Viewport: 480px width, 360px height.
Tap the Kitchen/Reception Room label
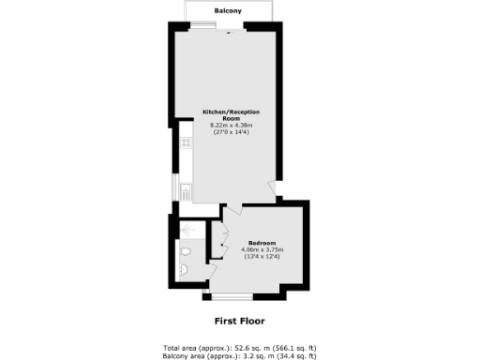231,115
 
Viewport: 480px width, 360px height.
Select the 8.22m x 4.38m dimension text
231,129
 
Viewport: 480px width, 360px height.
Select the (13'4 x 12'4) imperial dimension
262,257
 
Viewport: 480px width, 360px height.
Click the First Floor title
240,321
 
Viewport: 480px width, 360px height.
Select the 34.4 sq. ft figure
288,355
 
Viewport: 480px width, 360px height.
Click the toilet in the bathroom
186,251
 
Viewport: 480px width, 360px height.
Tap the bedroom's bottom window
231,298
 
